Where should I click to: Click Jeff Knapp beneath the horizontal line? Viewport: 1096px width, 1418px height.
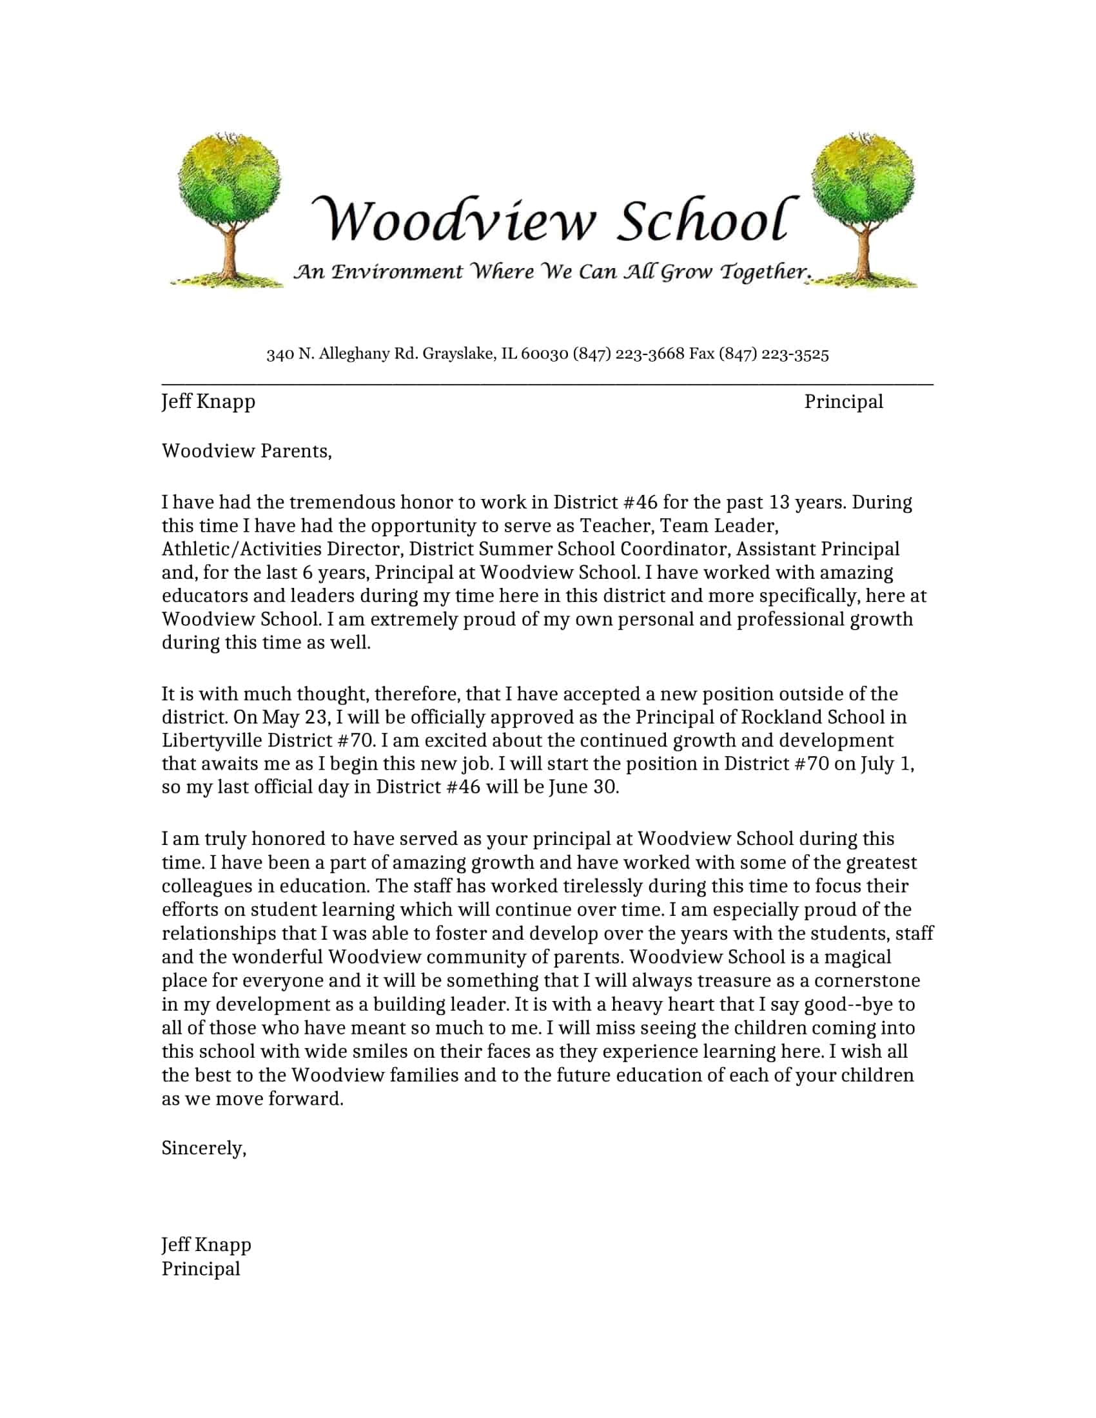pyautogui.click(x=208, y=402)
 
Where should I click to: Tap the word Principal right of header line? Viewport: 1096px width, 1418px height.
pyautogui.click(x=843, y=402)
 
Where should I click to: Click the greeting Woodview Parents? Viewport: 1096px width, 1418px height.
pyautogui.click(x=246, y=451)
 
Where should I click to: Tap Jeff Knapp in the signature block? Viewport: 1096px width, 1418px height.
pyautogui.click(x=206, y=1245)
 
